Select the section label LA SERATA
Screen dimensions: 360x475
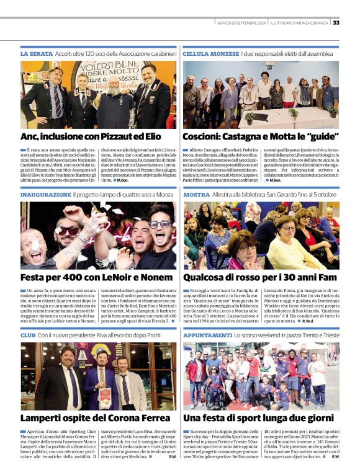(36, 55)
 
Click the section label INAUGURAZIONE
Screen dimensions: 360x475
(45, 195)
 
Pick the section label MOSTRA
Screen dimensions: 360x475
(196, 195)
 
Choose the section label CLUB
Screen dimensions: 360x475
(28, 335)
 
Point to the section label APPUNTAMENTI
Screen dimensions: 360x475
(207, 335)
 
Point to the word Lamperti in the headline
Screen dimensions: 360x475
(44, 419)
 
